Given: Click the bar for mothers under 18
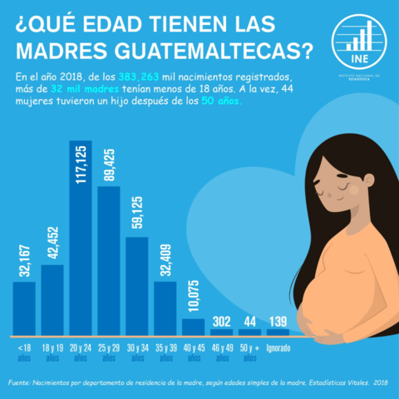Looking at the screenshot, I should pyautogui.click(x=24, y=307).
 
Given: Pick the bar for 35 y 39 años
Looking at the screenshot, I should pyautogui.click(x=165, y=307).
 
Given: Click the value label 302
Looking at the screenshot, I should pyautogui.click(x=222, y=321).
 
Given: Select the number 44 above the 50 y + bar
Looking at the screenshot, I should pyautogui.click(x=250, y=321).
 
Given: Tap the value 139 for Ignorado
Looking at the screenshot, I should pyautogui.click(x=278, y=321).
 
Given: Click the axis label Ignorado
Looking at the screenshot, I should pyautogui.click(x=278, y=347).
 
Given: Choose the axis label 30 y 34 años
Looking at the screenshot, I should pyautogui.click(x=137, y=352).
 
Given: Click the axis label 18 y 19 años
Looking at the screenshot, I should pyautogui.click(x=52, y=352).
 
